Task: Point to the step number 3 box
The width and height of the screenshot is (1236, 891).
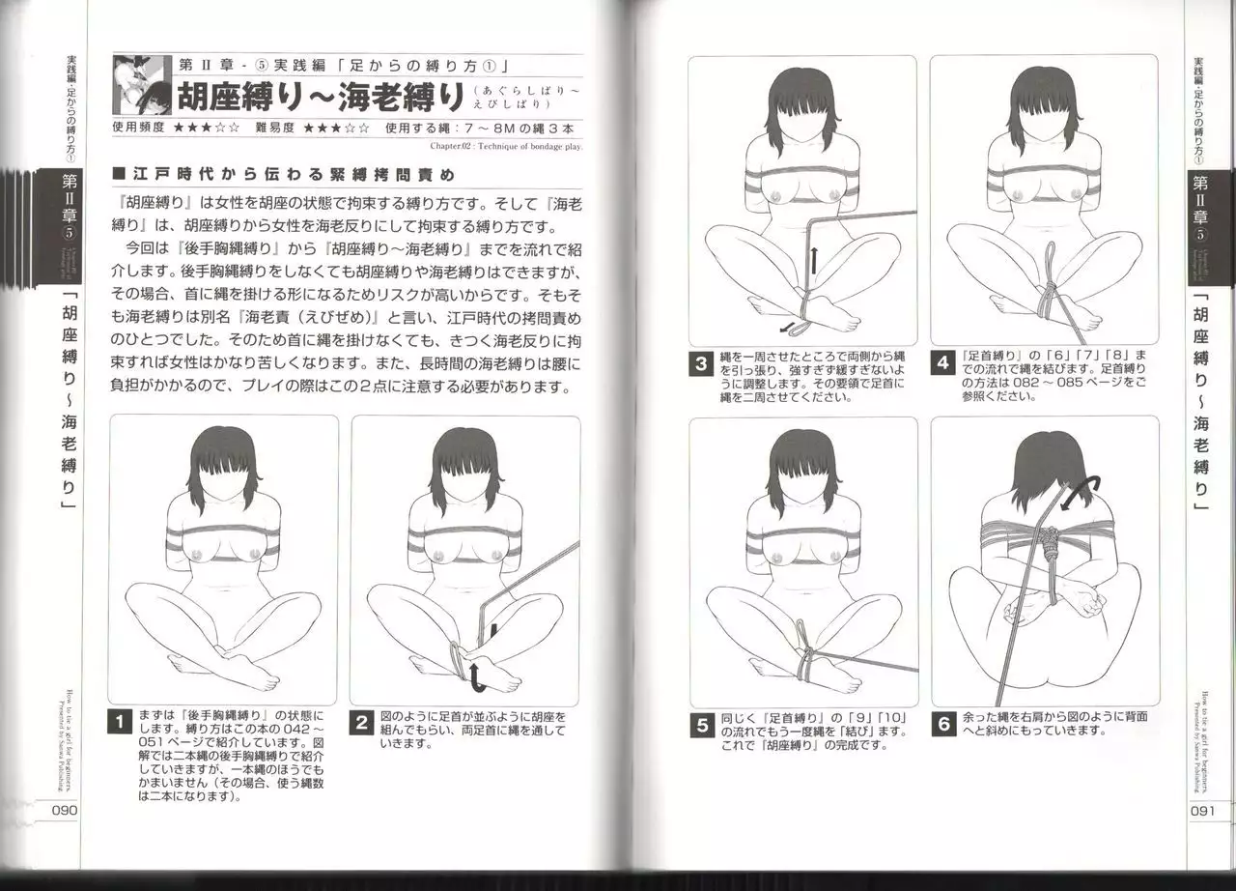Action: (x=699, y=365)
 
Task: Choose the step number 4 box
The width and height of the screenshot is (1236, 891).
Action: (x=941, y=365)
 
